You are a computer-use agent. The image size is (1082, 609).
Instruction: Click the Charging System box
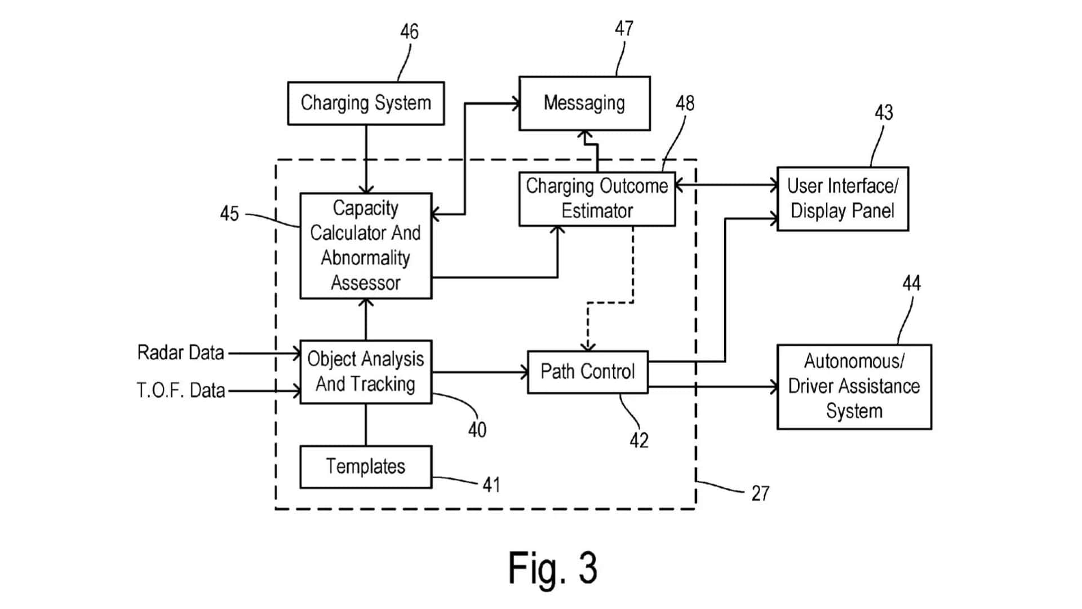(366, 103)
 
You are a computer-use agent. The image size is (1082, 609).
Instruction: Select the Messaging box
(584, 103)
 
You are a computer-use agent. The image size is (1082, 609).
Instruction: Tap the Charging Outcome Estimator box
(597, 198)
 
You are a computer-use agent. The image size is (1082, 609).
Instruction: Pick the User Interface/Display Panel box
(842, 198)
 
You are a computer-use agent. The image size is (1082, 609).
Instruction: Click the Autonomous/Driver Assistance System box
(854, 387)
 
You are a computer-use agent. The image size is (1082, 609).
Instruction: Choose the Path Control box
(588, 372)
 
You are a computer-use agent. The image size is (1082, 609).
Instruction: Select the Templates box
(366, 467)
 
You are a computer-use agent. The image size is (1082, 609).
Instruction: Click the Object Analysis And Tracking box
(366, 372)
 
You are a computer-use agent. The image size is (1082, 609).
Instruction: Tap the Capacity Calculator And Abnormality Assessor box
(366, 246)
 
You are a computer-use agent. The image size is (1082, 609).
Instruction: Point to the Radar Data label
(180, 353)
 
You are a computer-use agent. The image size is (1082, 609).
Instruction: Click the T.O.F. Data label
(181, 390)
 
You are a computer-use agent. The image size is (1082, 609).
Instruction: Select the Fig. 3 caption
(552, 568)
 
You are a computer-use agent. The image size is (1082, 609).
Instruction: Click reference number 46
(409, 32)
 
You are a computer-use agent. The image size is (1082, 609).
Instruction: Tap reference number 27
(760, 494)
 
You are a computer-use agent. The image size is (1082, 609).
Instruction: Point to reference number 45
(229, 214)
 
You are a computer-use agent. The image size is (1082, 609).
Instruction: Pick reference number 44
(911, 283)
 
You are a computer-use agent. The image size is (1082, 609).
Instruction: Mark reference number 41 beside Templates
(491, 485)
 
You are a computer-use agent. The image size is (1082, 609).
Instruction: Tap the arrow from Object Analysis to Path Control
(479, 372)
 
